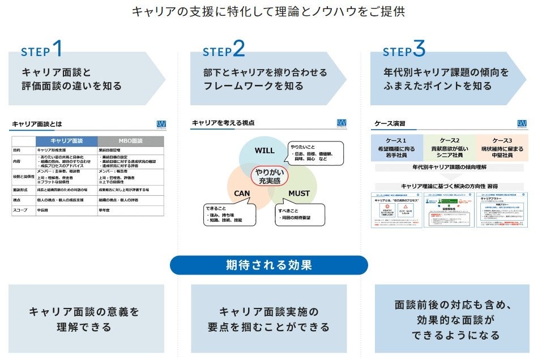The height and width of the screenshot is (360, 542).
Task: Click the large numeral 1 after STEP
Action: (x=57, y=49)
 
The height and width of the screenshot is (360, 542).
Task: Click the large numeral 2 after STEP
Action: (x=238, y=49)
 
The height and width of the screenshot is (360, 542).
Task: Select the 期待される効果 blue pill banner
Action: (x=268, y=265)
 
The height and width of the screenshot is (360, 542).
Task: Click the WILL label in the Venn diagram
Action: (x=264, y=151)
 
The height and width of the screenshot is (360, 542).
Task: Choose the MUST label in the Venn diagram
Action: (x=299, y=193)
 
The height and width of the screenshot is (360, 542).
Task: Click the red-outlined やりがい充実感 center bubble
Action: (x=270, y=175)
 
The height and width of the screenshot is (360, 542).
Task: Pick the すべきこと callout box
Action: (x=300, y=214)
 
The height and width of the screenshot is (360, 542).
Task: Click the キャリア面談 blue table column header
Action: (x=67, y=141)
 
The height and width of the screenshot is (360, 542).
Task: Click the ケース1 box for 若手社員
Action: (x=397, y=145)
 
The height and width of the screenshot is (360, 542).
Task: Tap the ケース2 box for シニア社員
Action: (x=449, y=145)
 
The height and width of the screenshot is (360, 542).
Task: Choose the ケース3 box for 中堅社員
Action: (x=501, y=145)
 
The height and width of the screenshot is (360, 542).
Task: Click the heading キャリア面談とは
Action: (x=37, y=123)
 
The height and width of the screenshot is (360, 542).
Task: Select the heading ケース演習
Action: (x=390, y=123)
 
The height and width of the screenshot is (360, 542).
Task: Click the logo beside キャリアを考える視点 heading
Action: (x=341, y=123)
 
